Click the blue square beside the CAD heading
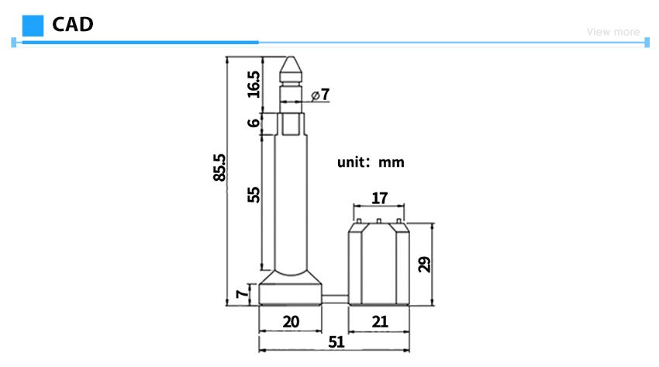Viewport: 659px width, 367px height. click(x=33, y=26)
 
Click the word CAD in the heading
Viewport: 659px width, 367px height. click(x=73, y=24)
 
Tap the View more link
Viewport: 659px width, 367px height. click(x=613, y=32)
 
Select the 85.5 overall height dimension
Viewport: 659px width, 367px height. click(x=219, y=168)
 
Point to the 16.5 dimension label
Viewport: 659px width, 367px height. click(x=254, y=85)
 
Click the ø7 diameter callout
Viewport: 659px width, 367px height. click(x=320, y=95)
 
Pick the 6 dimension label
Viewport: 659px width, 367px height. click(x=254, y=123)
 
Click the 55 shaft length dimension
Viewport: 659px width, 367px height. click(x=254, y=195)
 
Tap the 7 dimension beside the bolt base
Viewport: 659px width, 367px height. click(x=242, y=293)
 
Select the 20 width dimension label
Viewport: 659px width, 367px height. click(x=291, y=322)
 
